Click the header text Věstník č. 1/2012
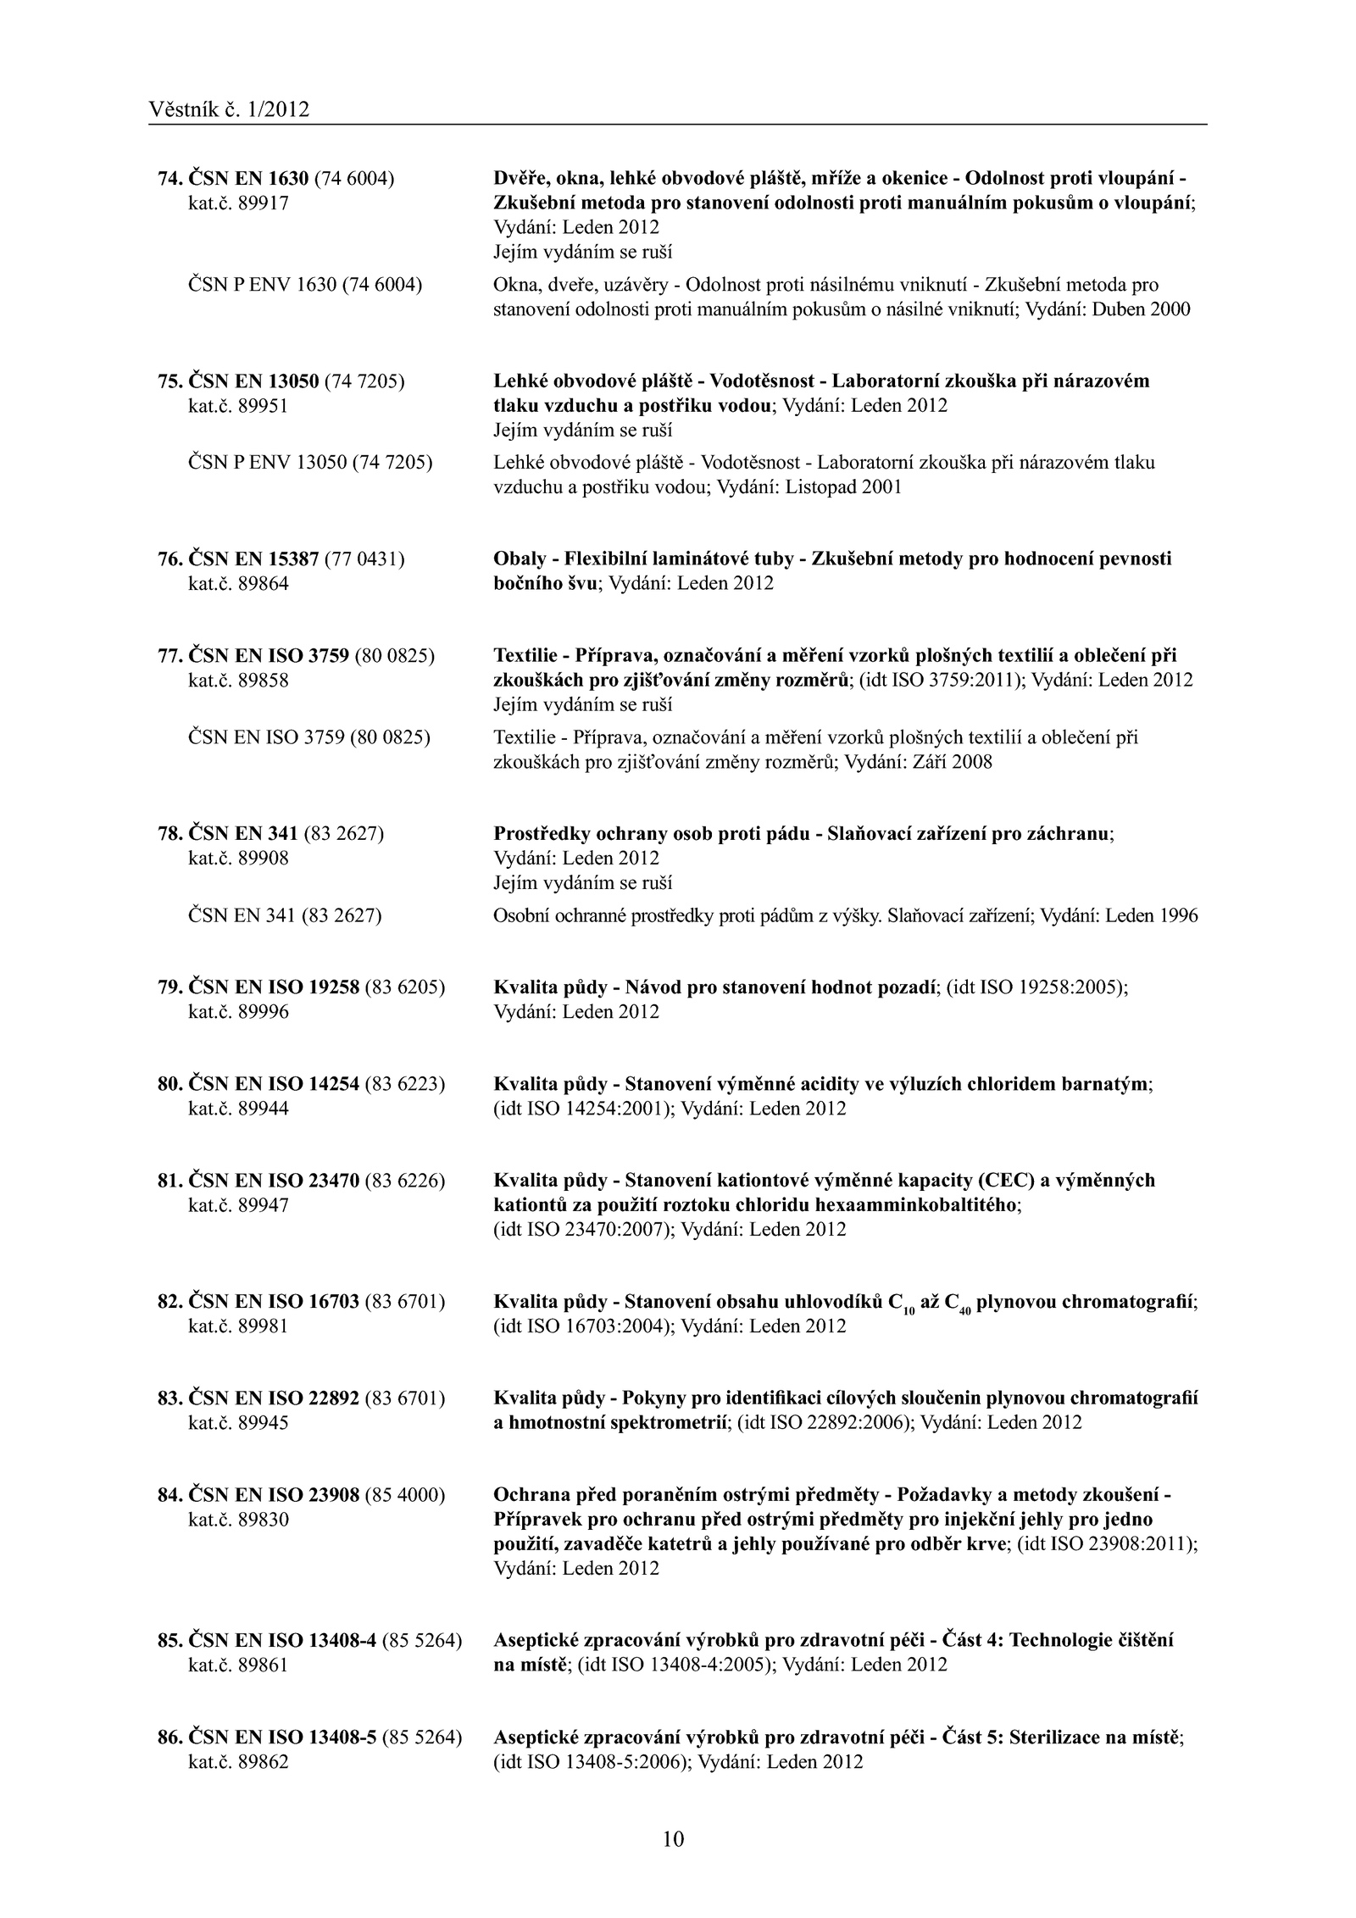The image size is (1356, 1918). click(x=228, y=109)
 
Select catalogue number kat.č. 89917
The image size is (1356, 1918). click(x=238, y=203)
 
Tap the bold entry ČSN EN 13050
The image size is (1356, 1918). click(x=253, y=381)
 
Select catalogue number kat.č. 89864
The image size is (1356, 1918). click(x=238, y=584)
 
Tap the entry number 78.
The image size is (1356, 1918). click(x=169, y=834)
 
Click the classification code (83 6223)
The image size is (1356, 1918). click(x=404, y=1084)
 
